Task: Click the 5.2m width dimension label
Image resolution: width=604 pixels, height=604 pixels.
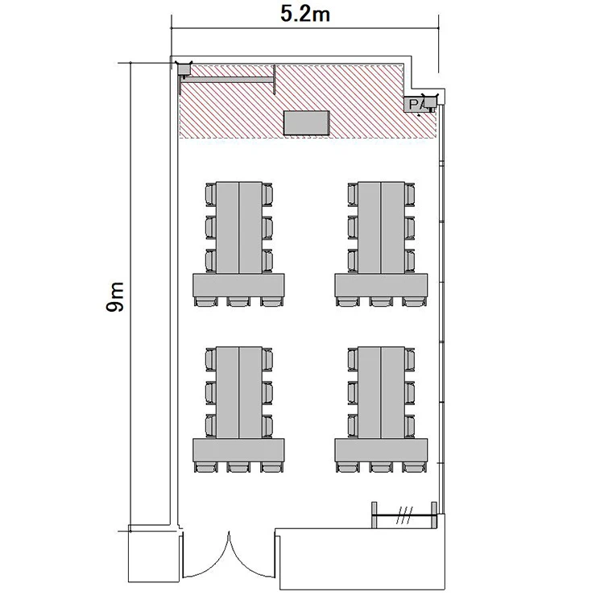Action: pyautogui.click(x=305, y=14)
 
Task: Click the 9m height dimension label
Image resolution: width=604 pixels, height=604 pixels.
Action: pyautogui.click(x=115, y=296)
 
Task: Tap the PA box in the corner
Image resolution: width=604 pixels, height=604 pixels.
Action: pyautogui.click(x=416, y=105)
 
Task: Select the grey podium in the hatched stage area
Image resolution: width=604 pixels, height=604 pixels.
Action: pyautogui.click(x=307, y=123)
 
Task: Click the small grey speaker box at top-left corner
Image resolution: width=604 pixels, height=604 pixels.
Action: pyautogui.click(x=184, y=68)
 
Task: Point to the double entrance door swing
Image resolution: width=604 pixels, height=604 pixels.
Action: pyautogui.click(x=229, y=555)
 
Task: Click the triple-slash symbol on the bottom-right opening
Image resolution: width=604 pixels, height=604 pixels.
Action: pyautogui.click(x=404, y=515)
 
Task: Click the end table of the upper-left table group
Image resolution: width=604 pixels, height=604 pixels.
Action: pyautogui.click(x=239, y=285)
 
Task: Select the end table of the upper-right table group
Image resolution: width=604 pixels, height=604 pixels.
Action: pyautogui.click(x=381, y=285)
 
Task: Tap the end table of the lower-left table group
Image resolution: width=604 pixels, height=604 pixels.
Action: pyautogui.click(x=239, y=450)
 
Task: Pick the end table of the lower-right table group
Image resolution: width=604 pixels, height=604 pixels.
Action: pyautogui.click(x=381, y=450)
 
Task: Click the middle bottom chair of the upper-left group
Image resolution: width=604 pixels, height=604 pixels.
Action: pyautogui.click(x=238, y=302)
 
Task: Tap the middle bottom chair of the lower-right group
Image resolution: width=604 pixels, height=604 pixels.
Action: pyautogui.click(x=381, y=467)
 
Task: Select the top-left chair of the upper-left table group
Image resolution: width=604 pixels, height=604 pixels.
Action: pyautogui.click(x=211, y=194)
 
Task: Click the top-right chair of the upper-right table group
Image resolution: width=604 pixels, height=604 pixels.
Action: pyautogui.click(x=409, y=194)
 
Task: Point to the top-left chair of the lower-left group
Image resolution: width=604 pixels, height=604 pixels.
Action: pyautogui.click(x=211, y=359)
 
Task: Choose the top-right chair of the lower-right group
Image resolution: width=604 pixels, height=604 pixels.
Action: pyautogui.click(x=409, y=359)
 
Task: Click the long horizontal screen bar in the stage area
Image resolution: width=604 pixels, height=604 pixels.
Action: pyautogui.click(x=228, y=80)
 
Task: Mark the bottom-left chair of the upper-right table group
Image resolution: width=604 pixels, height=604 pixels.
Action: pyautogui.click(x=348, y=302)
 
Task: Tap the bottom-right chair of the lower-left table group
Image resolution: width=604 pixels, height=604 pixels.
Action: pyautogui.click(x=272, y=467)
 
